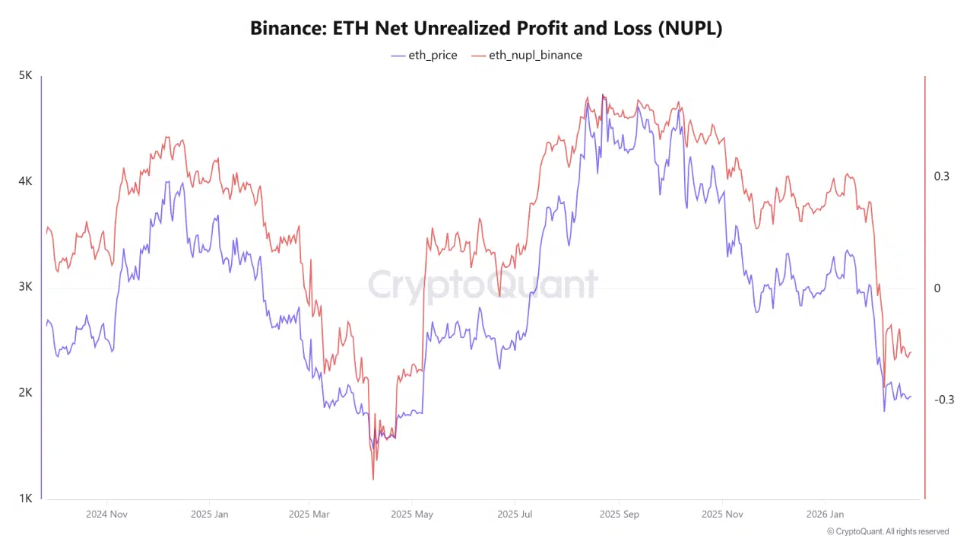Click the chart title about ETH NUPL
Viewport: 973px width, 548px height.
[x=486, y=29]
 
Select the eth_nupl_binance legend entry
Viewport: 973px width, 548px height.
[x=527, y=55]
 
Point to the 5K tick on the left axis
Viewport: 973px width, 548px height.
[x=25, y=76]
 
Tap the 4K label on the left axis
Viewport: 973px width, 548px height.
[x=25, y=182]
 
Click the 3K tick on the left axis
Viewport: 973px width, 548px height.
[x=25, y=288]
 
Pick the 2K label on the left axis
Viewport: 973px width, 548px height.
[x=25, y=393]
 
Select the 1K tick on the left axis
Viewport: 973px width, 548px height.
[x=25, y=499]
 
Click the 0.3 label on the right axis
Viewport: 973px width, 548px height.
[x=942, y=177]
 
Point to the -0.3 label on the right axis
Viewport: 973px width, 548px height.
[x=943, y=400]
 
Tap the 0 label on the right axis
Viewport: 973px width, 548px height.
[x=937, y=288]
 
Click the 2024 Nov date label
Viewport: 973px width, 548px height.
[x=106, y=515]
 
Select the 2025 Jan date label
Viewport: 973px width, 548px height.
[x=210, y=515]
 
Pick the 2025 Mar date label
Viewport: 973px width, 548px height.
[x=310, y=515]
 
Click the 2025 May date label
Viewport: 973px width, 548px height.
[x=411, y=515]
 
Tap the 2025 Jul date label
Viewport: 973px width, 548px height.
[x=515, y=515]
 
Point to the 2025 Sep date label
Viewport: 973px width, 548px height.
[x=619, y=515]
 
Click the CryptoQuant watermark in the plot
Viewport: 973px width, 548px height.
[x=483, y=285]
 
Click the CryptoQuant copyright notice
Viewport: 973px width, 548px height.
[x=888, y=532]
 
